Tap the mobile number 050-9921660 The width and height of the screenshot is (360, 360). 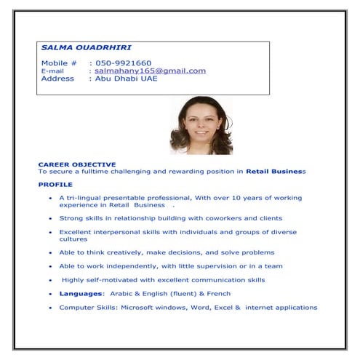(124, 63)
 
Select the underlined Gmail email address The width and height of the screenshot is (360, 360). (150, 71)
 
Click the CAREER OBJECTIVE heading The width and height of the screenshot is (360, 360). (76, 165)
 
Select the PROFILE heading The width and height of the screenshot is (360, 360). (55, 185)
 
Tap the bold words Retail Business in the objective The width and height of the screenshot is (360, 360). (276, 172)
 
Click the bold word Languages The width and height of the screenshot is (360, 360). (81, 294)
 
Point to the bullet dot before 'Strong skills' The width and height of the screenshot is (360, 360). (49, 219)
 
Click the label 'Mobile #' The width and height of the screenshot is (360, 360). (59, 63)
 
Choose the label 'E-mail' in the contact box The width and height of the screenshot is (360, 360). (52, 71)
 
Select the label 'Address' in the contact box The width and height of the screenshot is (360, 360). (57, 79)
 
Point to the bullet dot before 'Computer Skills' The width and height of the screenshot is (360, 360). (49, 308)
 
